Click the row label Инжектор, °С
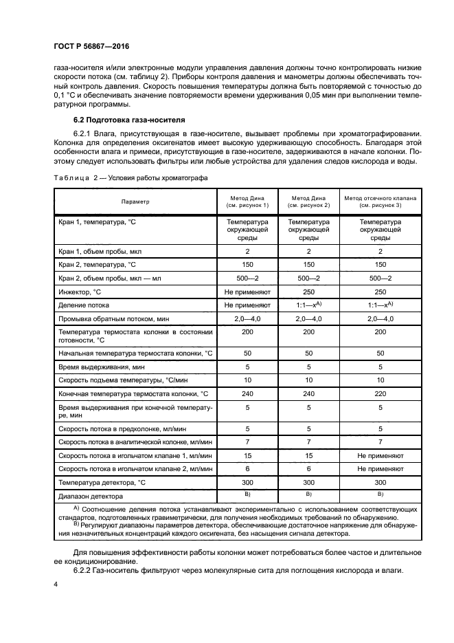pyautogui.click(x=80, y=292)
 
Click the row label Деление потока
pyautogui.click(x=84, y=305)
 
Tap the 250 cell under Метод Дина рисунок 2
pyautogui.click(x=308, y=292)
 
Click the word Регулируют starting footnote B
pyautogui.click(x=102, y=525)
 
